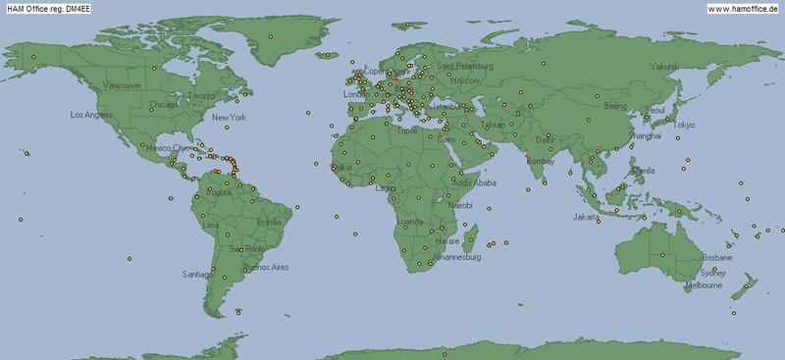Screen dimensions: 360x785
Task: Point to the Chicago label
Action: tap(164, 104)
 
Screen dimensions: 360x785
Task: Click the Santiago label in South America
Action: tap(194, 276)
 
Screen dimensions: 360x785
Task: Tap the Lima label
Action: tap(209, 225)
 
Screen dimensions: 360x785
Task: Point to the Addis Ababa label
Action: tap(475, 182)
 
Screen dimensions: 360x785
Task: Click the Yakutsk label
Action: tap(664, 66)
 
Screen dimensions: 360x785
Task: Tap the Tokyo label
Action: tap(683, 125)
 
